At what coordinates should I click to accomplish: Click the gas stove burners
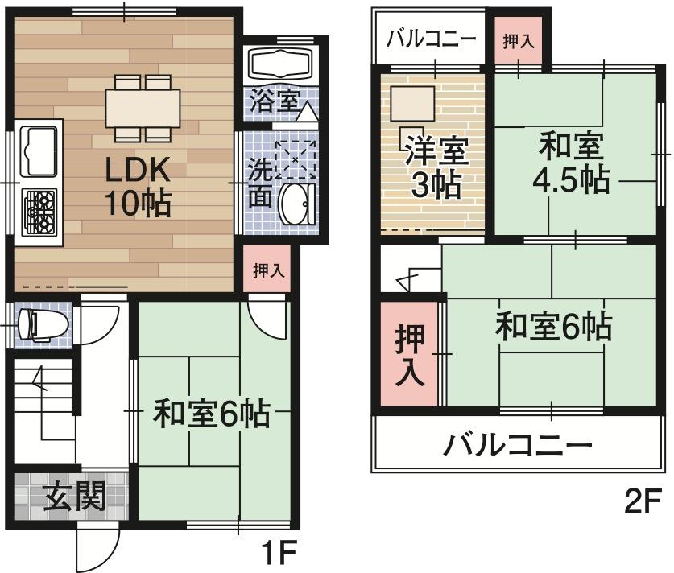[39, 211]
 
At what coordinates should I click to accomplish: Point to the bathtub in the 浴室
[282, 64]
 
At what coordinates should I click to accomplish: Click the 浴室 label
[274, 101]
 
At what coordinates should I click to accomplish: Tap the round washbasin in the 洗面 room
[295, 204]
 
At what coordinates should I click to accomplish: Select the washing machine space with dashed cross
[295, 158]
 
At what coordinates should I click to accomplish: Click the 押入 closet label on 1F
[268, 271]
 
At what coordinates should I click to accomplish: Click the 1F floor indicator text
[279, 553]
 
